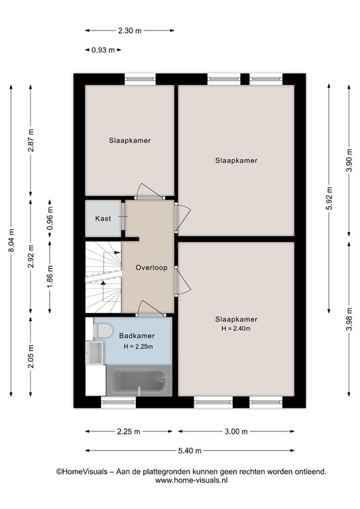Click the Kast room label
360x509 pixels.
(103, 219)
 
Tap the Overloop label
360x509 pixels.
(151, 268)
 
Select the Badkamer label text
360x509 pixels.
(137, 335)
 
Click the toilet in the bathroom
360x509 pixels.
(103, 331)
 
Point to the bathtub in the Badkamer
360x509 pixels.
(139, 380)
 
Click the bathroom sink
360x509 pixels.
(95, 353)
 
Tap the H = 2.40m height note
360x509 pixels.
(236, 329)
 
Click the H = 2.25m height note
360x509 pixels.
(138, 347)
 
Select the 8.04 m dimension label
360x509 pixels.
(11, 241)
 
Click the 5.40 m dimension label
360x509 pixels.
(190, 451)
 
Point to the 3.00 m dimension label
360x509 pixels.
(236, 431)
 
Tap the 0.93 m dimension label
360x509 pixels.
(103, 50)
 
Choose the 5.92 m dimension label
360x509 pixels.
(329, 198)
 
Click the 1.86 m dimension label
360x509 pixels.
(50, 277)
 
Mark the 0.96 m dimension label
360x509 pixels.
(50, 219)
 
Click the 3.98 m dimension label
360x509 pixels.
(349, 319)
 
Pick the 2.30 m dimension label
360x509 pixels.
(129, 31)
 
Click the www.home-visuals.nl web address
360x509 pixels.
(191, 481)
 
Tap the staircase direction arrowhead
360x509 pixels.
(103, 283)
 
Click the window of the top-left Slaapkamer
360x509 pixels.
(141, 79)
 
